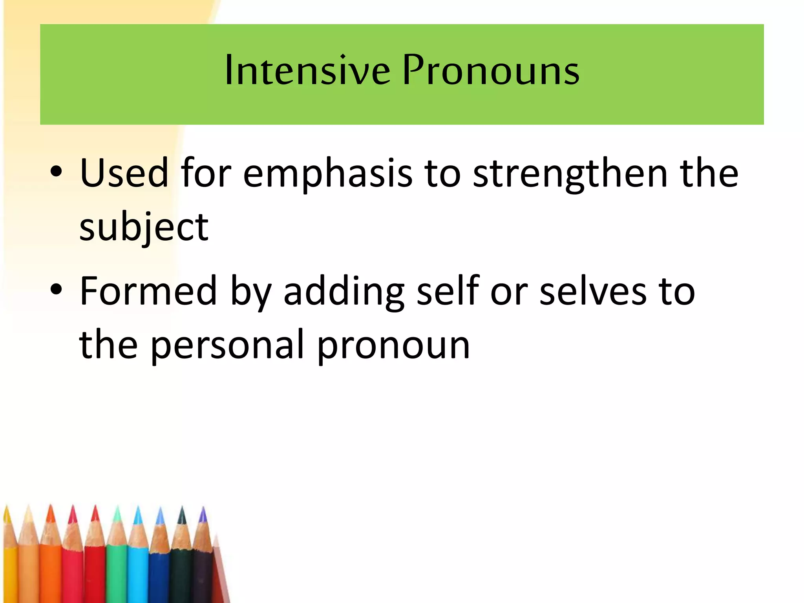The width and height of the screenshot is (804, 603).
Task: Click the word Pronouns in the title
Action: (x=491, y=71)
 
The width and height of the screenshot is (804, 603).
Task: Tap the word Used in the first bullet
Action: (x=124, y=173)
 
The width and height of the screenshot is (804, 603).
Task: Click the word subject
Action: (x=144, y=228)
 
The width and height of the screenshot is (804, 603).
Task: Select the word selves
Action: (x=593, y=291)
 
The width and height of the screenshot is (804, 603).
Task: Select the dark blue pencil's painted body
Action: (x=159, y=577)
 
